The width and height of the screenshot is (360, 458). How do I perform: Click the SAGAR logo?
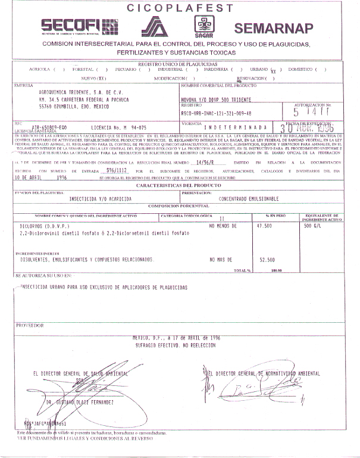point(204,26)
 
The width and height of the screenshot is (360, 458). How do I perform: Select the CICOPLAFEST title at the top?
point(180,8)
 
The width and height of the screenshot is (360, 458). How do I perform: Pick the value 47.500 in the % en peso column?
point(264,226)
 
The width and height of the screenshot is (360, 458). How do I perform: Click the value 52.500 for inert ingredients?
point(267,260)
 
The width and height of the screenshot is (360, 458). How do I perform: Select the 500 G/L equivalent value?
point(314,226)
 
